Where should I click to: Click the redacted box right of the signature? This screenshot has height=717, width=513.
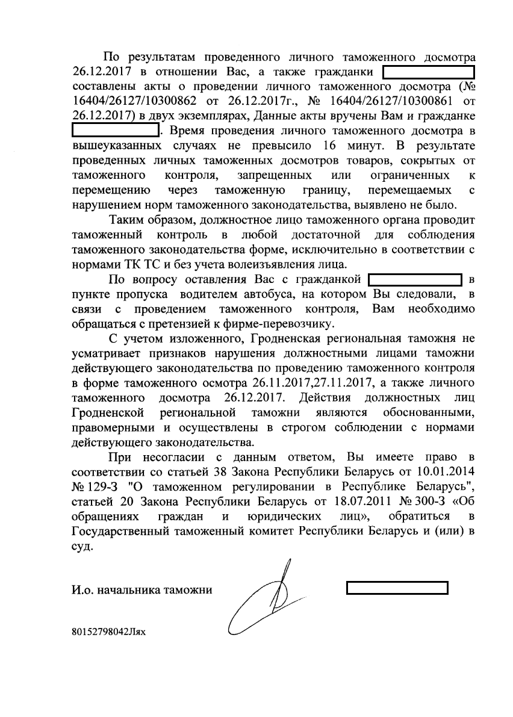click(x=397, y=588)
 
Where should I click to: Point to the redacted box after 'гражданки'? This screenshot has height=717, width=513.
click(x=430, y=73)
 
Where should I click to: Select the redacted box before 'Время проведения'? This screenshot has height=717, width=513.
click(x=114, y=129)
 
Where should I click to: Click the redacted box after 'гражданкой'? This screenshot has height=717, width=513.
click(x=415, y=280)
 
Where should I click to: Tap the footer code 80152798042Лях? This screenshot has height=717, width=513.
click(x=108, y=633)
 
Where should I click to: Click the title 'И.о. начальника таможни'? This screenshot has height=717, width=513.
click(x=141, y=590)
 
